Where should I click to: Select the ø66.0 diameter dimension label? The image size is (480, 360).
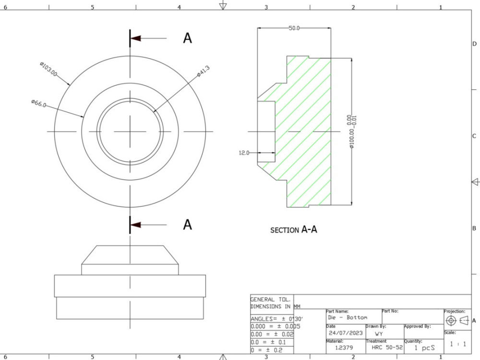(38, 103)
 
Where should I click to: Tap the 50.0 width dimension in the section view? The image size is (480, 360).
(294, 28)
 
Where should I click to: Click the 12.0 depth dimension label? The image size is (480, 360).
(244, 153)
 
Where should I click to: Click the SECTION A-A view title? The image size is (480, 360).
(294, 230)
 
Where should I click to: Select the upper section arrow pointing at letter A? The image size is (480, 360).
(136, 38)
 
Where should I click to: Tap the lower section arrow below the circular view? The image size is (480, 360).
(136, 224)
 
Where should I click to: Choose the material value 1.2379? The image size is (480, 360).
(342, 347)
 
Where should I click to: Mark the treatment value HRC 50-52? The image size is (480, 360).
(387, 347)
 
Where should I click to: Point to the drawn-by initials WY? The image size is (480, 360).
(379, 333)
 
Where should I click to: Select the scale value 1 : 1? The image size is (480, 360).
(457, 344)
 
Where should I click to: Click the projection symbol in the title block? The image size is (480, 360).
(457, 321)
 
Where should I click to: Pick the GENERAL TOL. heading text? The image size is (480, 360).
(270, 299)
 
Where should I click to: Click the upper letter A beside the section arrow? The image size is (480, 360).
(187, 38)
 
